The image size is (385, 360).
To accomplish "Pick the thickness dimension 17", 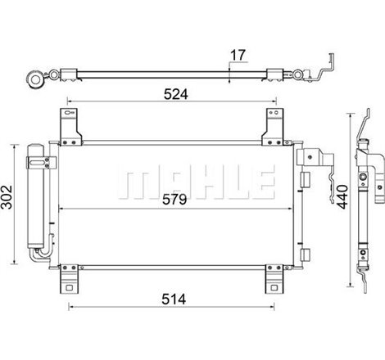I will [x=238, y=56].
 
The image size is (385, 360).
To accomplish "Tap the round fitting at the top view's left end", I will [x=37, y=81].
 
